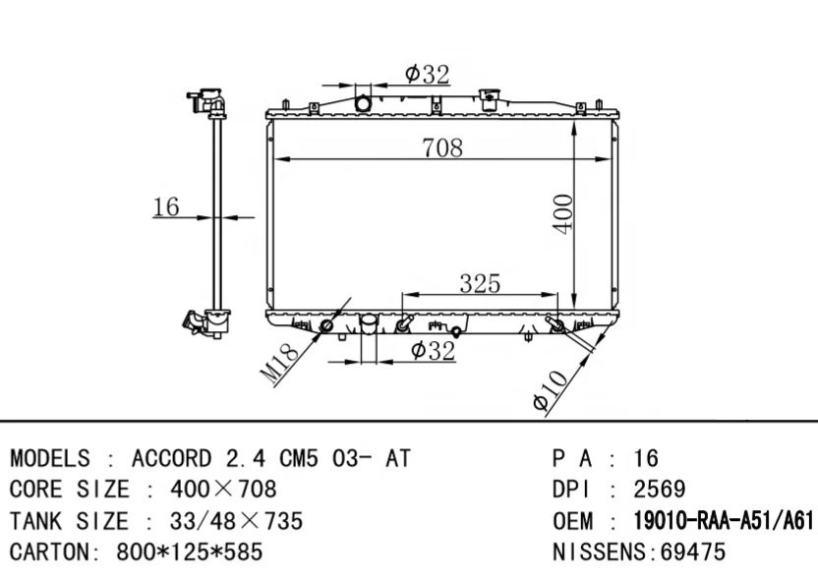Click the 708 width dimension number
point(442,147)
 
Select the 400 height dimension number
point(563,214)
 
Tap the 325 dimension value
point(480,284)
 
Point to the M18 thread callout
point(279,364)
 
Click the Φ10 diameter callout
point(550,389)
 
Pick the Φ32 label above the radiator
point(428,74)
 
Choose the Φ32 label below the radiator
point(433,350)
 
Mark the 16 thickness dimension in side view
point(166,206)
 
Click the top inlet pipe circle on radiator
point(363,103)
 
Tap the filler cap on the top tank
point(490,98)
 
